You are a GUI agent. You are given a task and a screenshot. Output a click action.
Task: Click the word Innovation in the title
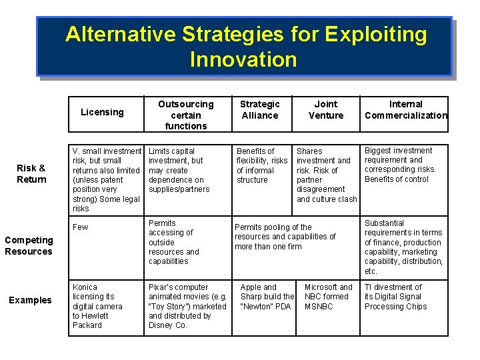pos(243,59)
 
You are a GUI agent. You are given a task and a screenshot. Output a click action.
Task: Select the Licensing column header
pos(102,112)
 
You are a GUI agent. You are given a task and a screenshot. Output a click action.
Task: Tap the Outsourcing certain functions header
pos(186,115)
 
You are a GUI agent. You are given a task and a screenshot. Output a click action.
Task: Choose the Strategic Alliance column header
pos(260,109)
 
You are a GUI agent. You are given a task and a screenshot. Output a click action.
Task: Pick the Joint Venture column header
pos(326,109)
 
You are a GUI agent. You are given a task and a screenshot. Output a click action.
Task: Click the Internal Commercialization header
pos(406,109)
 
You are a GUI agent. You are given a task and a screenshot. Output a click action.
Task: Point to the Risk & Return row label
pos(31,173)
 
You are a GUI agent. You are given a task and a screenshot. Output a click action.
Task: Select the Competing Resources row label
pos(29,245)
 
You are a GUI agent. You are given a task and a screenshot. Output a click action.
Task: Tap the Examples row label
pos(30,300)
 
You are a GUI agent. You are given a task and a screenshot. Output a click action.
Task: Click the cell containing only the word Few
pos(80,227)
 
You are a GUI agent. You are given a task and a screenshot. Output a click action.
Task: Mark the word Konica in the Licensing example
pos(85,287)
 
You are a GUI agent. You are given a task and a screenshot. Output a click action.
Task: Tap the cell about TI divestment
pos(396,297)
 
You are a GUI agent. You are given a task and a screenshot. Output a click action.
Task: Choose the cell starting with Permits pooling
pos(285,237)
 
